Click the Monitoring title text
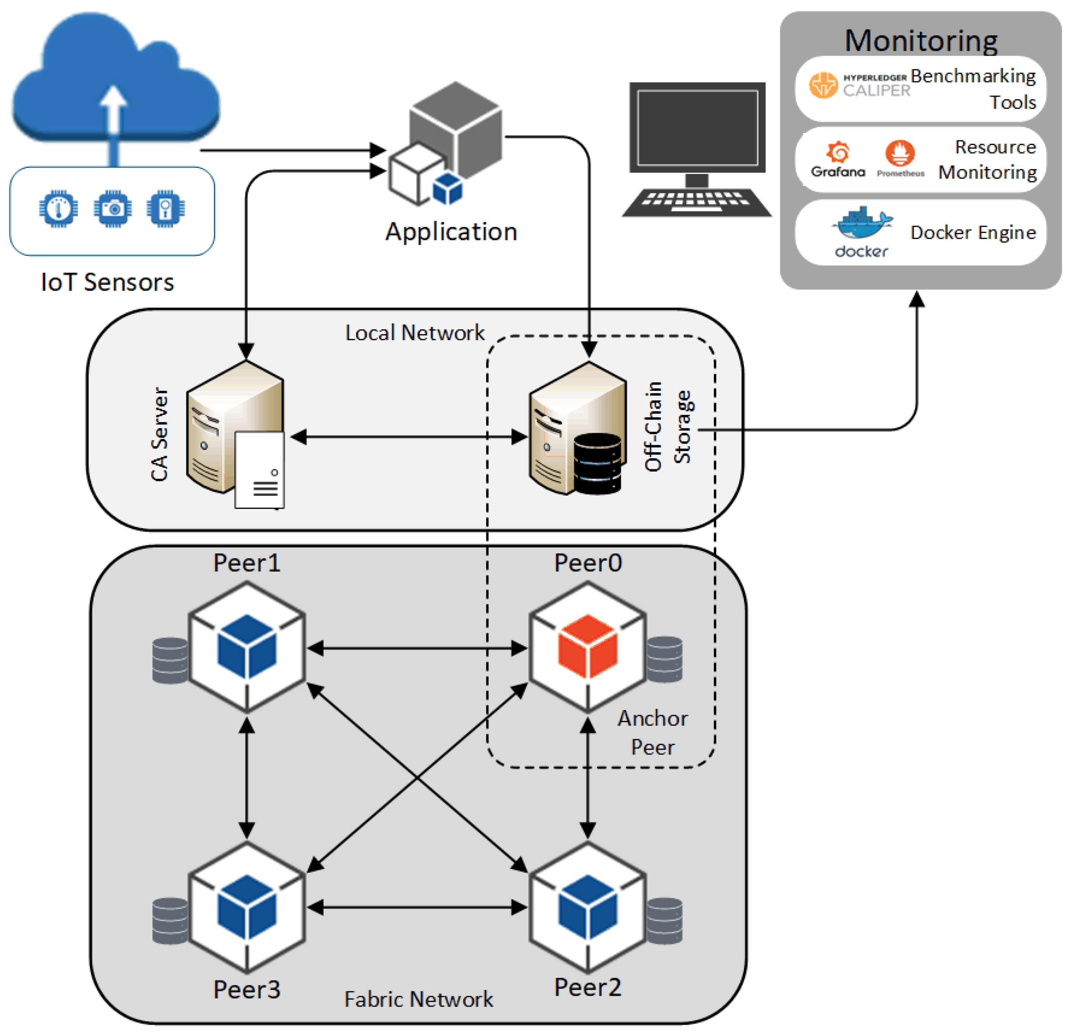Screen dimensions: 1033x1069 coord(921,41)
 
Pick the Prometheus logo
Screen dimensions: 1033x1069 coord(900,159)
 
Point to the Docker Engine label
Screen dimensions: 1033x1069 coord(972,233)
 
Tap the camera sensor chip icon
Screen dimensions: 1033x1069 coord(112,208)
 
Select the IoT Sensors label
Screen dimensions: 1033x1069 coord(107,282)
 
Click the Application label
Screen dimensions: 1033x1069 coord(451,232)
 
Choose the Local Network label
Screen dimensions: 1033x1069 coord(414,333)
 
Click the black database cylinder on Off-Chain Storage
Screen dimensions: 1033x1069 coord(597,464)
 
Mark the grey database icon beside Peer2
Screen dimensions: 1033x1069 coord(664,921)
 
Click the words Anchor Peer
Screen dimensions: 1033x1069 coord(652,732)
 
